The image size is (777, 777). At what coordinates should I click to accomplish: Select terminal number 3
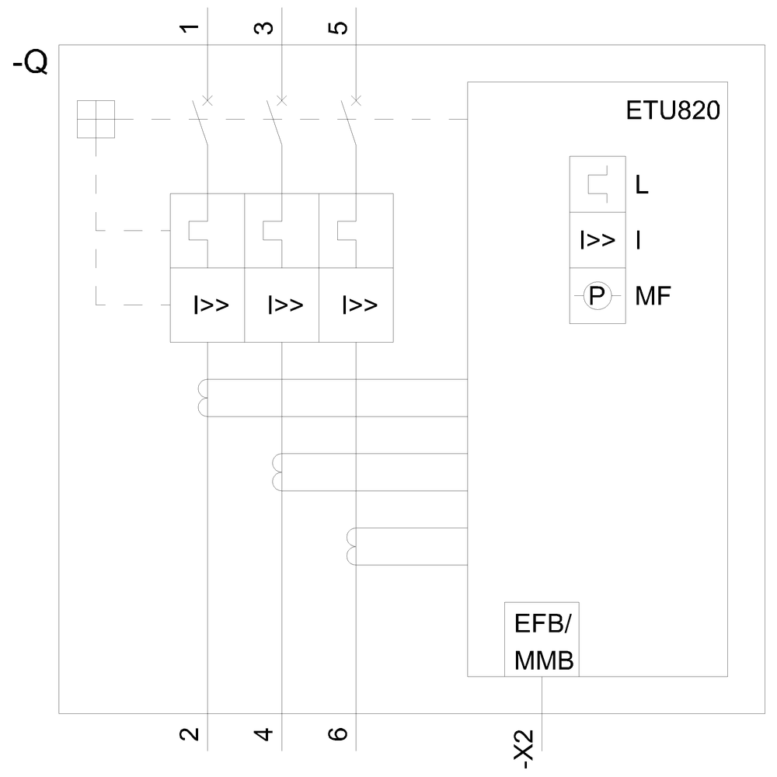pyautogui.click(x=265, y=29)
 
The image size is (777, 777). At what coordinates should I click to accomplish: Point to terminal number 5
pyautogui.click(x=340, y=29)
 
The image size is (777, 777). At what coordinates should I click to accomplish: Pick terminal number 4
pyautogui.click(x=265, y=733)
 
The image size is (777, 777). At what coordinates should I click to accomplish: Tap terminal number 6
pyautogui.click(x=340, y=733)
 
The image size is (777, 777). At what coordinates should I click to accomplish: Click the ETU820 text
pyautogui.click(x=673, y=110)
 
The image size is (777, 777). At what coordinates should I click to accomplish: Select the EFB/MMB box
pyautogui.click(x=542, y=643)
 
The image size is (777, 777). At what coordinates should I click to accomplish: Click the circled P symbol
pyautogui.click(x=598, y=295)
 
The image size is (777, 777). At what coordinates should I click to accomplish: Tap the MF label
pyautogui.click(x=652, y=296)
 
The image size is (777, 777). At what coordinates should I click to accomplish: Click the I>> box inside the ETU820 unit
pyautogui.click(x=598, y=240)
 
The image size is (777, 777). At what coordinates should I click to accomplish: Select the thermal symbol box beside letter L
pyautogui.click(x=598, y=184)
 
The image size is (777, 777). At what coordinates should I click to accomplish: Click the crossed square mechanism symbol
pyautogui.click(x=96, y=120)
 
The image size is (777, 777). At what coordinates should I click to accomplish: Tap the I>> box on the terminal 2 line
pyautogui.click(x=208, y=305)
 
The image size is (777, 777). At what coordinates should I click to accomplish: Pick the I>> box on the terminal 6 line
pyautogui.click(x=357, y=305)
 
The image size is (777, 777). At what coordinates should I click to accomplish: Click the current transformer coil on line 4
pyautogui.click(x=277, y=472)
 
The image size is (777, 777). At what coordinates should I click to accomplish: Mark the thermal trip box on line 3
pyautogui.click(x=281, y=231)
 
